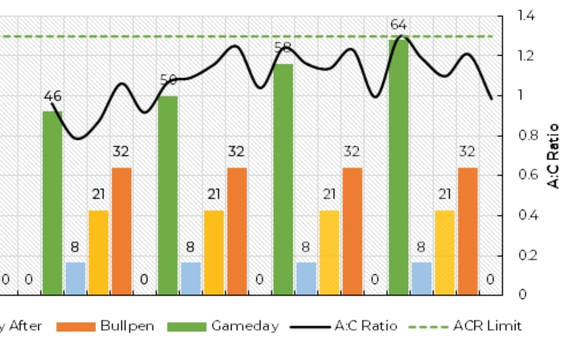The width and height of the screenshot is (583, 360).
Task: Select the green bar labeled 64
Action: pos(398,167)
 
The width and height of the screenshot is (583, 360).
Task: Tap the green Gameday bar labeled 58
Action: pos(283,179)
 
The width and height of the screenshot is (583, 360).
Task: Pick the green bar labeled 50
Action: pos(167,195)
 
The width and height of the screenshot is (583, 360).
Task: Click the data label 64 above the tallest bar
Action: pos(398,25)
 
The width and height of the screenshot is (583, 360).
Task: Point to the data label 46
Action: pos(52,96)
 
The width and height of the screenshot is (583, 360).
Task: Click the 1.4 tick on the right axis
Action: pos(526,16)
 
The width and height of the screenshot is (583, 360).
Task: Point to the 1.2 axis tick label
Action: pos(526,56)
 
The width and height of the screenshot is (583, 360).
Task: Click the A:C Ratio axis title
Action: pos(553,157)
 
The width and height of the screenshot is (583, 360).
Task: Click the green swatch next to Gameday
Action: pos(186,327)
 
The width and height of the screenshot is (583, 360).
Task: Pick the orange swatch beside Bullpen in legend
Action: pos(76,327)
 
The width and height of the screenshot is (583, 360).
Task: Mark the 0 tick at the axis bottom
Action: pos(523,295)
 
